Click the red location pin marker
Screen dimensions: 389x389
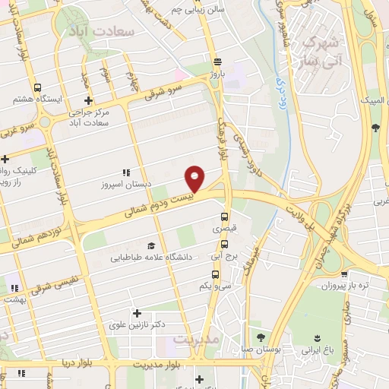point(194,179)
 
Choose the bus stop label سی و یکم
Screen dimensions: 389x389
point(214,286)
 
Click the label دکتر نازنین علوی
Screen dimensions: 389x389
point(158,324)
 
